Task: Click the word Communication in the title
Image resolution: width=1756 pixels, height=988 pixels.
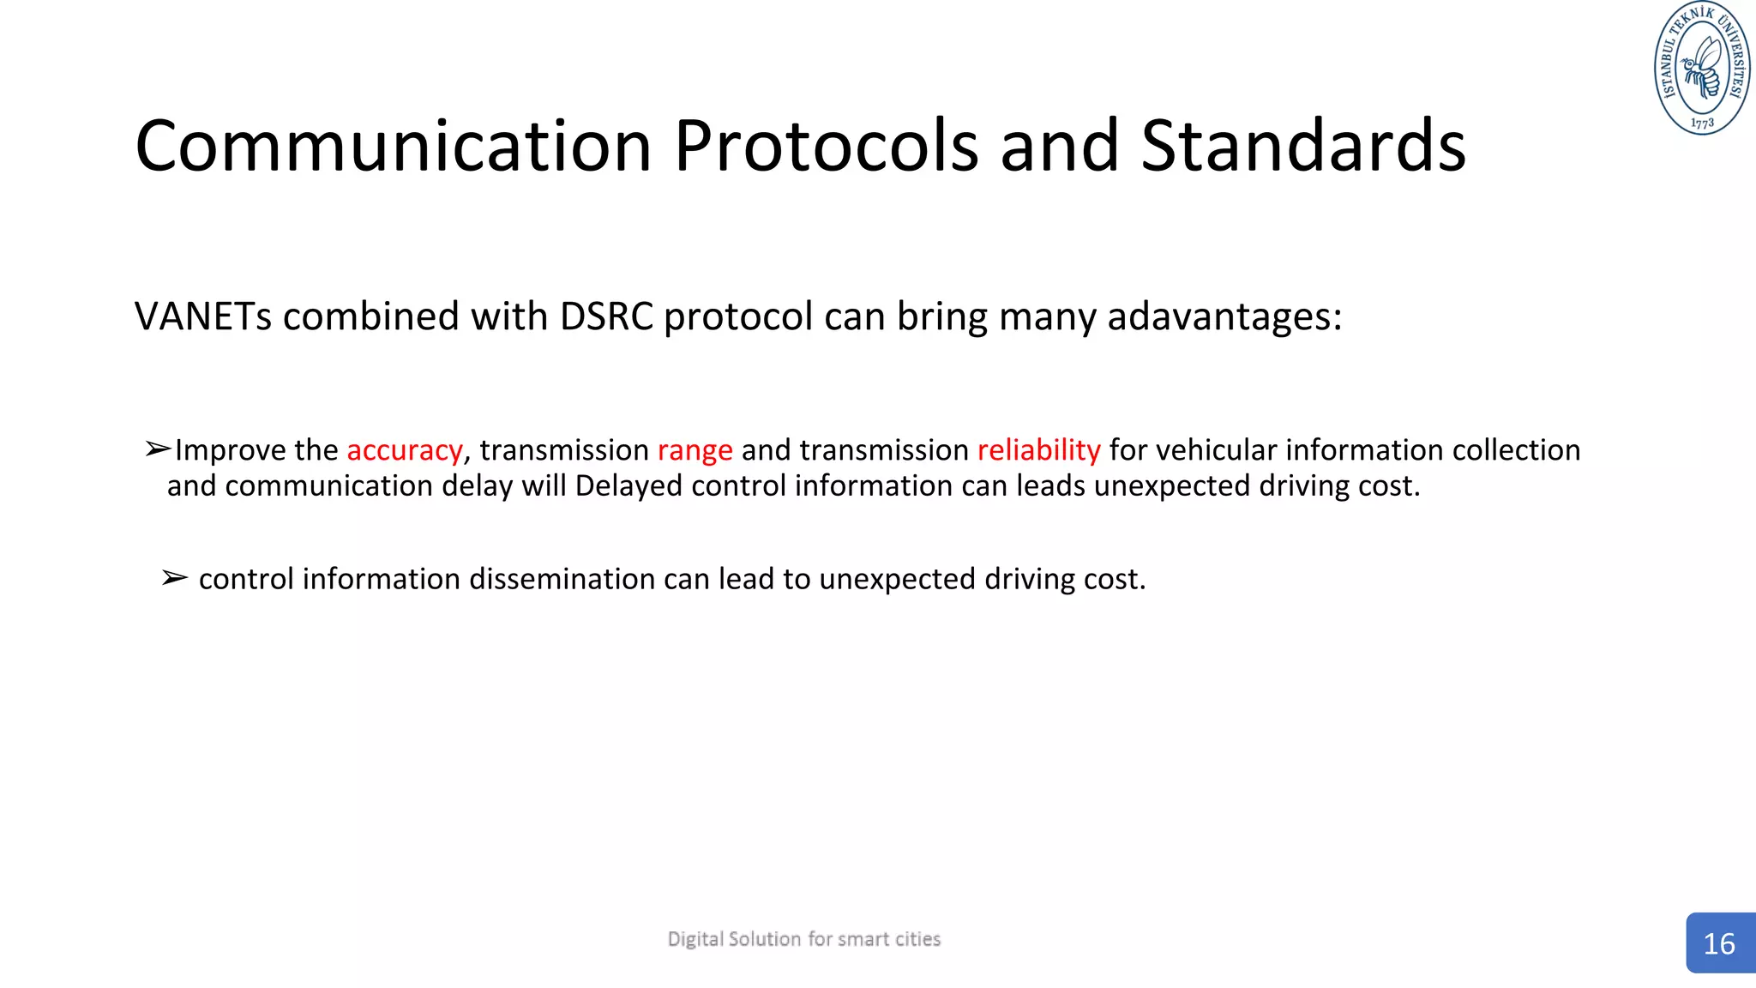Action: (393, 146)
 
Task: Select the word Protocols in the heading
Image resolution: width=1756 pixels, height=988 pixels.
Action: (826, 146)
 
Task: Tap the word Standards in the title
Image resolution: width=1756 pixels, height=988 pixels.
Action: (1302, 146)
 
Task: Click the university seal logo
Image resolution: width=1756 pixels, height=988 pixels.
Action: (1702, 69)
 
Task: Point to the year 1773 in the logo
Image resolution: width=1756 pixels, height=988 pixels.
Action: (1703, 123)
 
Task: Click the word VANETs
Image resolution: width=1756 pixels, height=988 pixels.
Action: (203, 316)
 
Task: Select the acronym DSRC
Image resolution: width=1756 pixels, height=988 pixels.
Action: (606, 316)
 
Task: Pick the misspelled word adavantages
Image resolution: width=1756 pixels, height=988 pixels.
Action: (1224, 316)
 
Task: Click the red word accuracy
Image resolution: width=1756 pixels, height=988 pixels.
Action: (405, 450)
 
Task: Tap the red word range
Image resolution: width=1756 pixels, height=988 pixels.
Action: (695, 450)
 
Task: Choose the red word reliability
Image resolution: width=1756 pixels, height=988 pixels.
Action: (1038, 450)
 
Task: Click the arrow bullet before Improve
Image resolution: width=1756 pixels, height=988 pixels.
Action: (158, 449)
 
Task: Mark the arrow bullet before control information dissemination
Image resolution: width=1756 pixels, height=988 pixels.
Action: (174, 578)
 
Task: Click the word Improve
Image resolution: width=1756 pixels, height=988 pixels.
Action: (230, 450)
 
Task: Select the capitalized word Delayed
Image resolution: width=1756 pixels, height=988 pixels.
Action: (628, 486)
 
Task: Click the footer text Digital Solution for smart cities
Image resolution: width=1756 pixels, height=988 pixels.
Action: (803, 939)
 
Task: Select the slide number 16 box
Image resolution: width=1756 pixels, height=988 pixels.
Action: (1719, 943)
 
